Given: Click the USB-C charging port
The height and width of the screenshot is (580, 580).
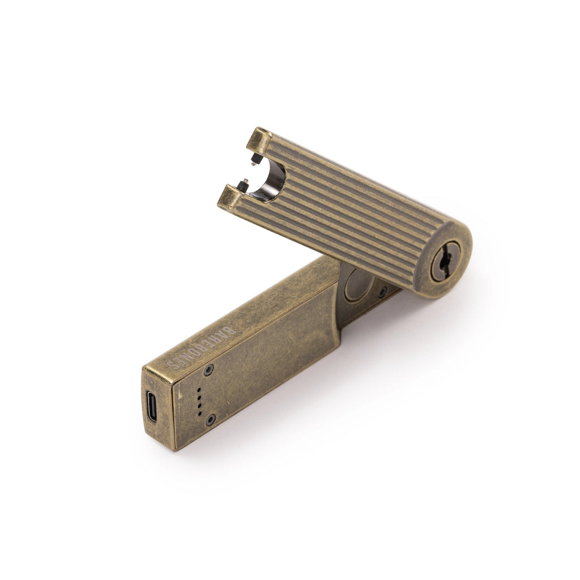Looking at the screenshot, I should tap(152, 407).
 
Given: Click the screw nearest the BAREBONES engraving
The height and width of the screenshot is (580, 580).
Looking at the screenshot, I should tap(208, 369).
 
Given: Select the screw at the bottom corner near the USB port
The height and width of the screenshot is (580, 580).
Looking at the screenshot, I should tap(210, 420).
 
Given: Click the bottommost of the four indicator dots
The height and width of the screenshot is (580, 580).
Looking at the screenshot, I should tap(199, 414).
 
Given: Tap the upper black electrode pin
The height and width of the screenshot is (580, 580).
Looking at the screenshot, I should tap(254, 160).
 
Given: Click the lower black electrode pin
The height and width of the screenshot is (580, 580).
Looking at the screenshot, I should tap(244, 184).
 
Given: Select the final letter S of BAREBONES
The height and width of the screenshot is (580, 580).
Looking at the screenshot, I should tap(176, 364).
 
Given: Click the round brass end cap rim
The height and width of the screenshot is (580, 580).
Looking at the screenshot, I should tap(462, 244).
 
